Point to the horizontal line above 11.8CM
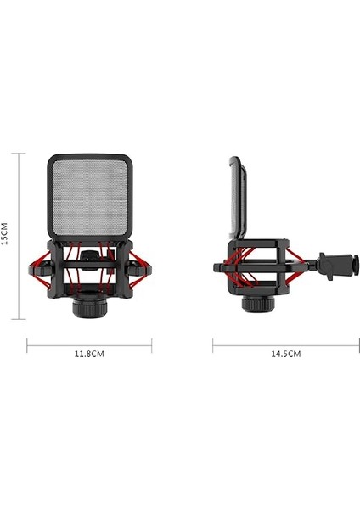(89, 346)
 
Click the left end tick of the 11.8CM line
(27, 346)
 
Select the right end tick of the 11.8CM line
(152, 346)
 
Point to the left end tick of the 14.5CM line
(212, 346)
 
